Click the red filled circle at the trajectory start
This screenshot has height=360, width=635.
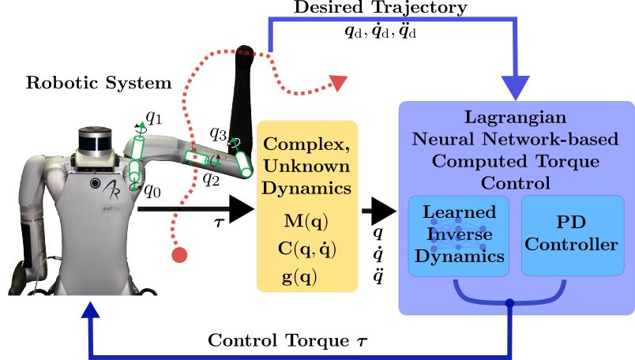coord(180,254)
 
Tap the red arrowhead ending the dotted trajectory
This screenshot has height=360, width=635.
coord(339,82)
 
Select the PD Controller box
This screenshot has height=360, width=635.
coord(571,235)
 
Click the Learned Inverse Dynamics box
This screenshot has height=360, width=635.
coord(459,235)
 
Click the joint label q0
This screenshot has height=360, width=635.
coord(152,189)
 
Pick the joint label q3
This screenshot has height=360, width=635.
coord(218,133)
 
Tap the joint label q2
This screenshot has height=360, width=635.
coord(210,178)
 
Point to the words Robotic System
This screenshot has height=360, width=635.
coord(99,83)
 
